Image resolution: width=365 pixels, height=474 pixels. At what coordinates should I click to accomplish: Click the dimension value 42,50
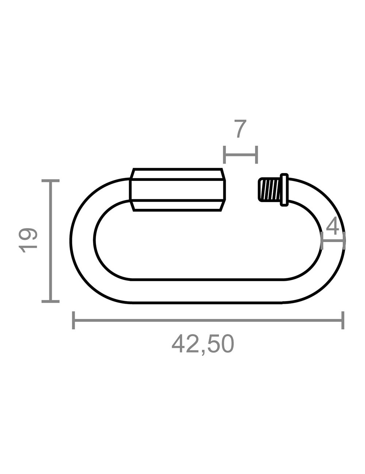click(203, 344)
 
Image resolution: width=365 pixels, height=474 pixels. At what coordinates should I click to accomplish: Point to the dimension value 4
click(333, 225)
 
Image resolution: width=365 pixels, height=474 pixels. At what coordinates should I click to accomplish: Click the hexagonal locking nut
click(177, 190)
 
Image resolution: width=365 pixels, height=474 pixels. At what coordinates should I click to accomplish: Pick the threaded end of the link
click(270, 190)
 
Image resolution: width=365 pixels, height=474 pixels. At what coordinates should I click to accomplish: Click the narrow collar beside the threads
click(284, 190)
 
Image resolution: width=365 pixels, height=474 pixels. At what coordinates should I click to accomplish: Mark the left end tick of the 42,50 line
click(73, 320)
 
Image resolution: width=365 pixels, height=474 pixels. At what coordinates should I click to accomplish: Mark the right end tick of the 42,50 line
click(343, 320)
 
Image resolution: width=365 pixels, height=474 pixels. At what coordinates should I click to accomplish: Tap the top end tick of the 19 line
click(50, 180)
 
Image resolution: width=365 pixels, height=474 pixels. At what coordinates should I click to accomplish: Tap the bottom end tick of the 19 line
click(50, 301)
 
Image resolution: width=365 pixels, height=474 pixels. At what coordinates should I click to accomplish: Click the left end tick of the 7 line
click(225, 155)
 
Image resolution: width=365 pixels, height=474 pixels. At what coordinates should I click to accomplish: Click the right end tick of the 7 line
click(257, 155)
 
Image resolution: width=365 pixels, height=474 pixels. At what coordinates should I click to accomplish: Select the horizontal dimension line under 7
click(241, 155)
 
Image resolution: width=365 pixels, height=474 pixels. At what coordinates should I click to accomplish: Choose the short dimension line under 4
click(333, 240)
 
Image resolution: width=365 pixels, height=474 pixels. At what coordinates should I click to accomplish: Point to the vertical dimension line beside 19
click(51, 241)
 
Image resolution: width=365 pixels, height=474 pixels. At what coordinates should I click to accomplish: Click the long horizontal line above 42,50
click(208, 321)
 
